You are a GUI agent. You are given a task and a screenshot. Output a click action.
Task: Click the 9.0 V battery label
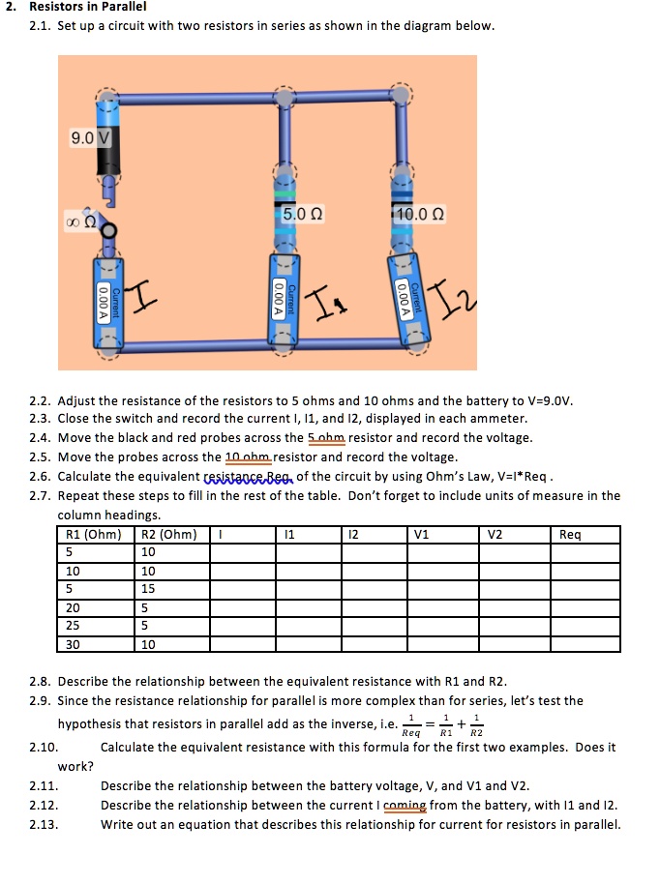tap(91, 138)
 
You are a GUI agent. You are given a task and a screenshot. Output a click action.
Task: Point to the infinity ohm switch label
tap(77, 221)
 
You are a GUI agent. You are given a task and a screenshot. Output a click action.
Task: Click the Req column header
tap(572, 534)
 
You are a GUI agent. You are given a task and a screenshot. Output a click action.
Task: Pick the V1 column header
tap(422, 534)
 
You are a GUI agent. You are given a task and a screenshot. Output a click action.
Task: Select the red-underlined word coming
tap(405, 805)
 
